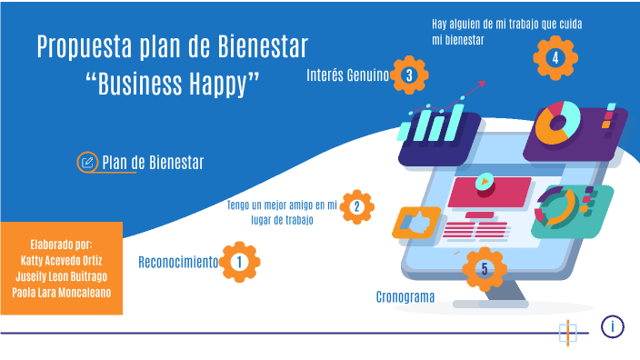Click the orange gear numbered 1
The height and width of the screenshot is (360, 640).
tap(239, 263)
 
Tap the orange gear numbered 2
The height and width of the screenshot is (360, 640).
tap(356, 207)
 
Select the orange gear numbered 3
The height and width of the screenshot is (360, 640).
tap(409, 75)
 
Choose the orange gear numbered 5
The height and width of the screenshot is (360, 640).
tap(484, 268)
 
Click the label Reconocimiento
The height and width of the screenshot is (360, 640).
tap(178, 263)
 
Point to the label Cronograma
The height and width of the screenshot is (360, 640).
tap(405, 297)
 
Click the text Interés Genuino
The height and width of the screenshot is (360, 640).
tap(348, 75)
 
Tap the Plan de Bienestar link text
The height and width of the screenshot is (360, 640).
tap(153, 163)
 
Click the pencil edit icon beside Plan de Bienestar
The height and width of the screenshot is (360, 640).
tap(87, 163)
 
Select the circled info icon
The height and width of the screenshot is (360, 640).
tap(613, 325)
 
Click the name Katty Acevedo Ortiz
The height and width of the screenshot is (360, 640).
tap(61, 259)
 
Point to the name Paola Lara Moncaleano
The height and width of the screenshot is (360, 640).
tap(61, 292)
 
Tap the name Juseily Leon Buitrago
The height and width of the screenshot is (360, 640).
tap(61, 275)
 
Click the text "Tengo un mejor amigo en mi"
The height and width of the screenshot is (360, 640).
tap(282, 205)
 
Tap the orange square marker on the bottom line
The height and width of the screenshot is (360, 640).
tap(568, 332)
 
